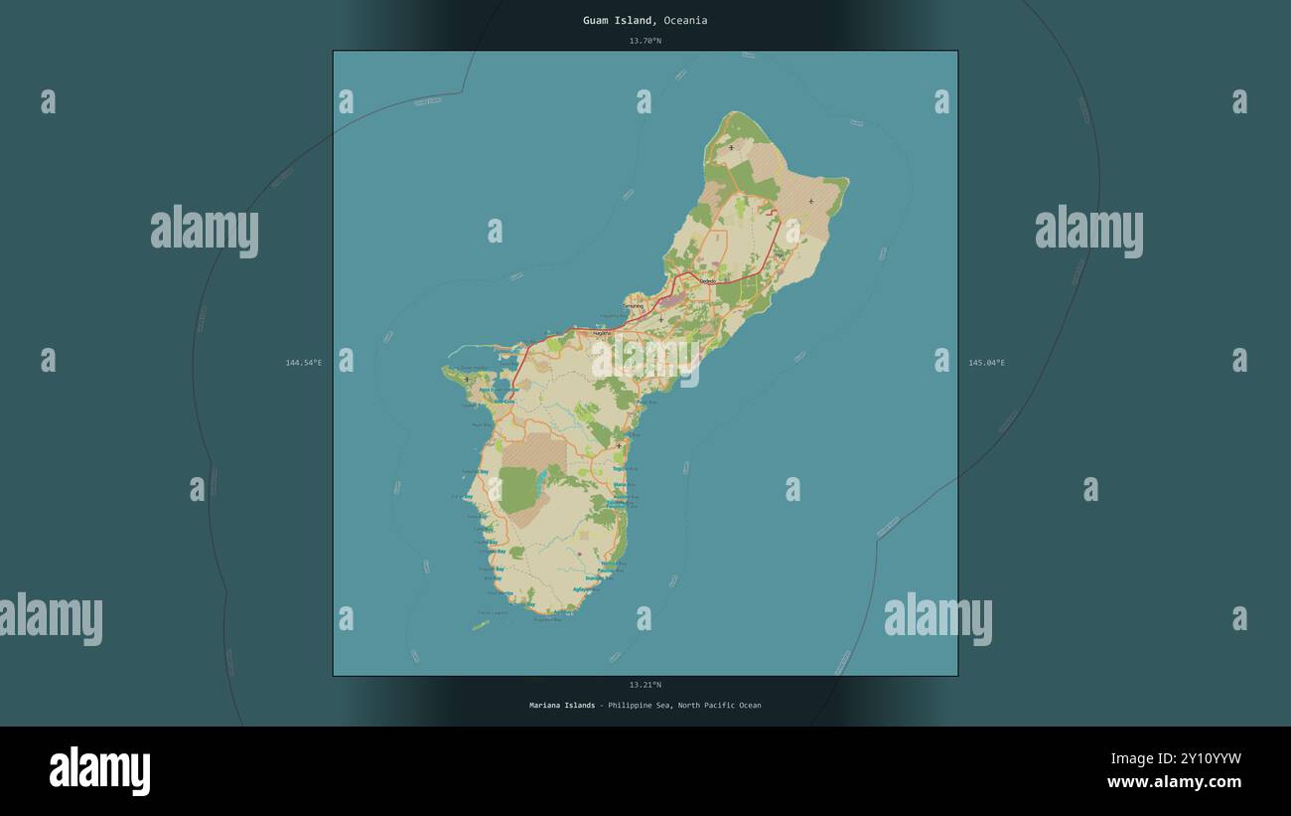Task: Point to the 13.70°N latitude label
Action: coord(645,41)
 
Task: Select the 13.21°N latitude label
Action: coord(645,685)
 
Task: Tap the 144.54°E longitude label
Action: coord(304,363)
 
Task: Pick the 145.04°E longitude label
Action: coord(986,363)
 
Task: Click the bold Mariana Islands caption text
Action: coord(562,706)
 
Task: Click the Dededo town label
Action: coord(708,281)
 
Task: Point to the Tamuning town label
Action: coord(634,305)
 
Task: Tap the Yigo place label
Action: coord(779,254)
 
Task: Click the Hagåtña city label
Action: coord(602,334)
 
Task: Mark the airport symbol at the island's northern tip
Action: coord(731,148)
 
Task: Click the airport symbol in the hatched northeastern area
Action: coord(810,202)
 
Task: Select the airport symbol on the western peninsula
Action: coord(467,379)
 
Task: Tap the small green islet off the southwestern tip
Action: coord(481,625)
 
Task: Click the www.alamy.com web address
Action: coord(1174,782)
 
